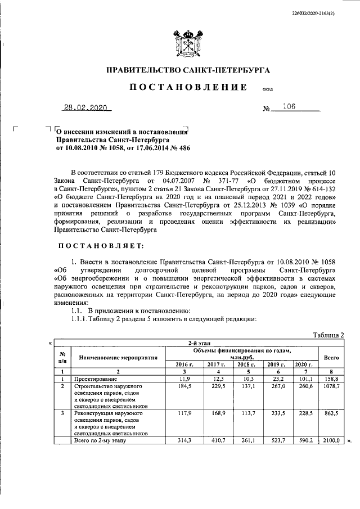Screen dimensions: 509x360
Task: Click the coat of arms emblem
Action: [180, 42]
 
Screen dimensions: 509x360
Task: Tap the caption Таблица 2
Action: [328, 335]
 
